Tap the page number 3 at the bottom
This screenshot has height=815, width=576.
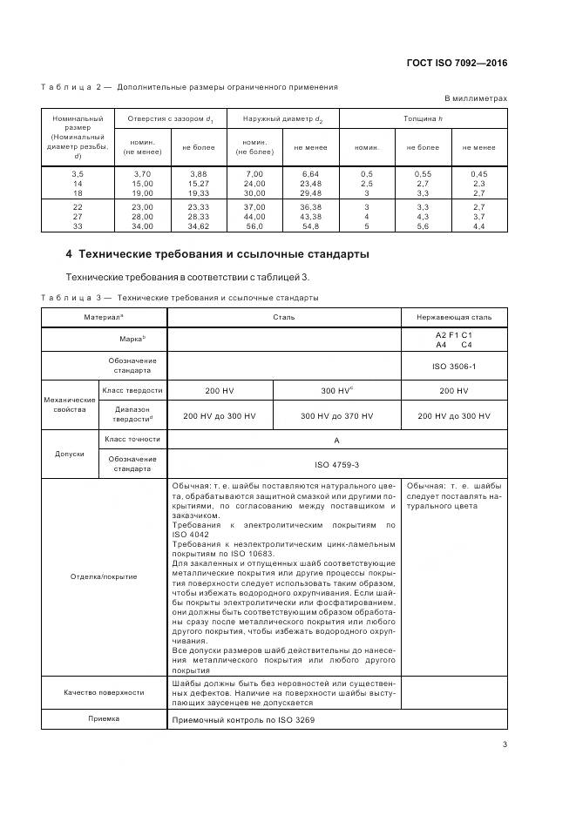(x=505, y=744)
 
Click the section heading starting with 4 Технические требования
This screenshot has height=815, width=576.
(x=217, y=254)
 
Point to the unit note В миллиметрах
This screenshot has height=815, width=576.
(x=476, y=99)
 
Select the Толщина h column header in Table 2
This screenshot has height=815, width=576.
(x=423, y=118)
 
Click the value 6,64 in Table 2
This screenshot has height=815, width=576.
(x=310, y=174)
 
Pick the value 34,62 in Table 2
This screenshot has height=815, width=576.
(x=198, y=226)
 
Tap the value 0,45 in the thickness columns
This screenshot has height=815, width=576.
(x=479, y=174)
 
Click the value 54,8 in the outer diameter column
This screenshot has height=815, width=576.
(x=310, y=226)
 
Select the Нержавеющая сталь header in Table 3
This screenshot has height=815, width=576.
(x=453, y=317)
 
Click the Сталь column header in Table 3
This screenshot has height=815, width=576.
(x=283, y=317)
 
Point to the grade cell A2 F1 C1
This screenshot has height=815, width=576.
(x=453, y=335)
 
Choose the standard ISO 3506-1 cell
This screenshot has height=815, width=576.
(x=453, y=366)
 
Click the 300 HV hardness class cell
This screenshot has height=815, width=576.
(x=336, y=391)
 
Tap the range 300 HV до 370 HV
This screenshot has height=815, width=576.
(x=336, y=416)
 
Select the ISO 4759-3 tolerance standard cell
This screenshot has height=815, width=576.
(x=336, y=465)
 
